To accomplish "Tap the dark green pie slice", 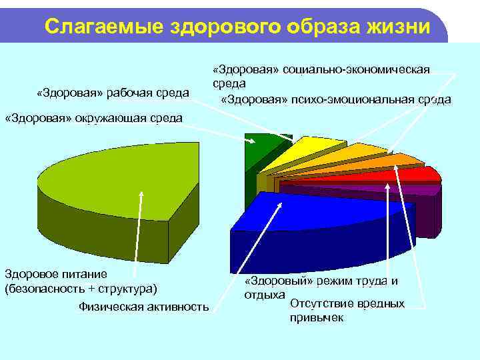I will point(259,152).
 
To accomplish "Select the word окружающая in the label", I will point(109,118).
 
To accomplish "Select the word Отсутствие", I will point(318,303).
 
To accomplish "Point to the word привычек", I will point(317,317).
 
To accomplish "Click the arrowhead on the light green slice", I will point(141,194).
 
